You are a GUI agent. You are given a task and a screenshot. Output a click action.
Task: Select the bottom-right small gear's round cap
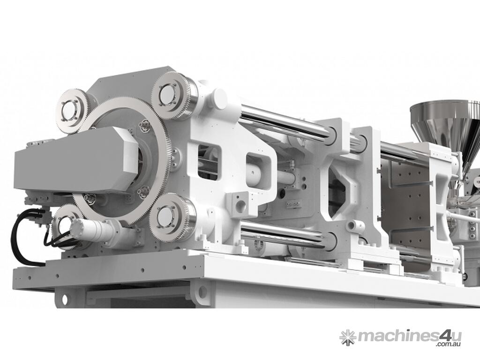click(x=166, y=218)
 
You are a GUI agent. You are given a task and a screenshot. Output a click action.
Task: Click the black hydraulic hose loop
click(x=18, y=239)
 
